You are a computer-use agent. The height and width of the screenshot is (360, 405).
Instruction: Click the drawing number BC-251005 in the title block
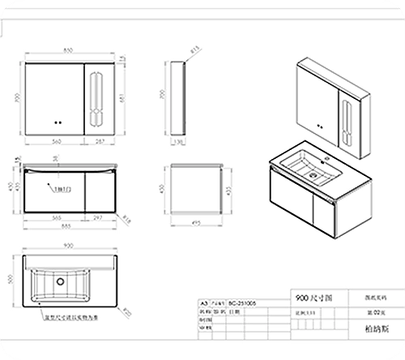click(x=247, y=299)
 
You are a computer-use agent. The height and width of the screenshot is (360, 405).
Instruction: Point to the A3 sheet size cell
click(x=203, y=299)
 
